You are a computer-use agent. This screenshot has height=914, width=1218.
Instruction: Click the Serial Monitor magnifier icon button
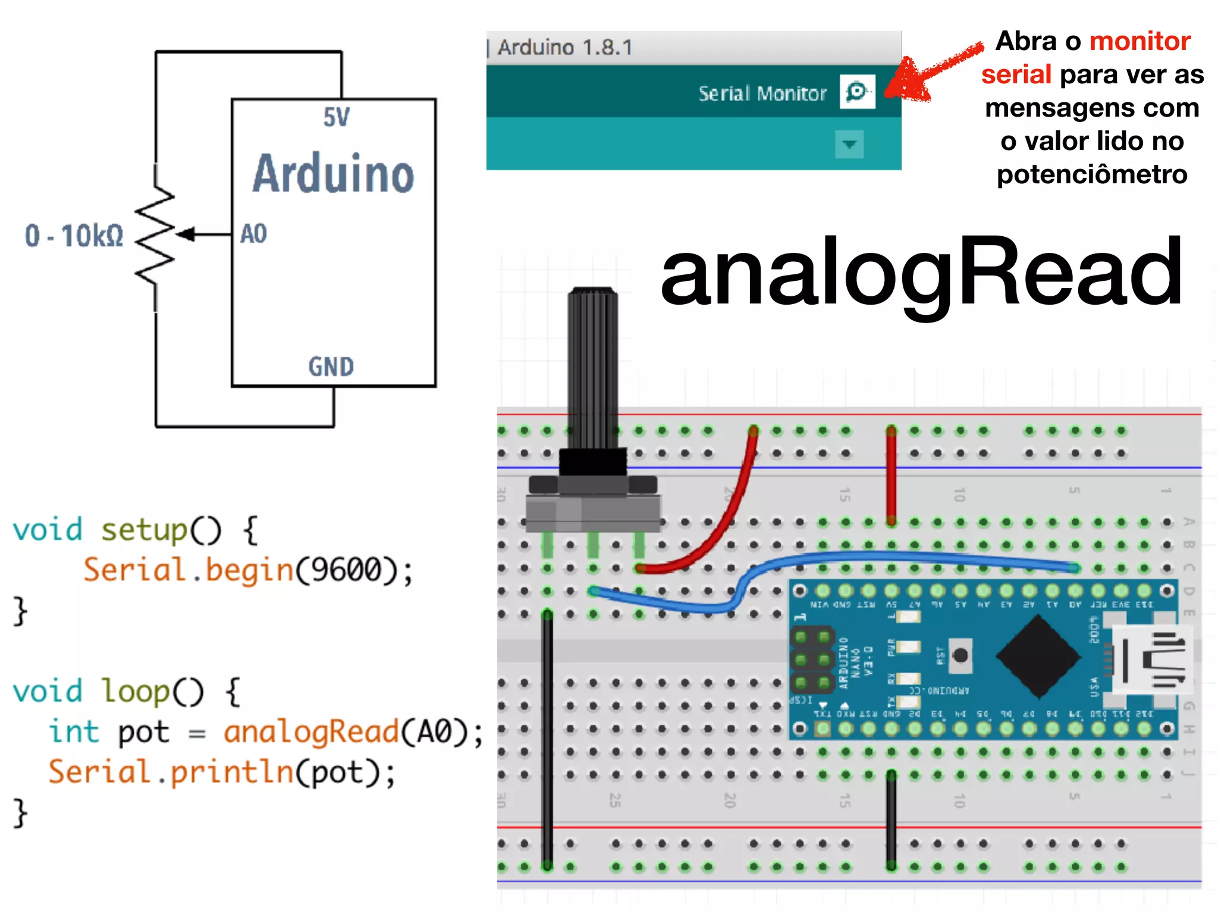click(x=857, y=92)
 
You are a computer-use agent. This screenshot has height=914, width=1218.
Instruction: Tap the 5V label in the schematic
click(x=336, y=117)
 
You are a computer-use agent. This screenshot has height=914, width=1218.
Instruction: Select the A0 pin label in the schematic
click(x=253, y=234)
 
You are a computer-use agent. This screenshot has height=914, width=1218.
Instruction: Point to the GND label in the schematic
click(x=331, y=367)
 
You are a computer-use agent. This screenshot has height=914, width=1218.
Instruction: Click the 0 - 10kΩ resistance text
click(x=74, y=236)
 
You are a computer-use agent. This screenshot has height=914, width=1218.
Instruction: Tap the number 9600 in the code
click(x=346, y=570)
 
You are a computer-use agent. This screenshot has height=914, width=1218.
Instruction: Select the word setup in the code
click(x=144, y=530)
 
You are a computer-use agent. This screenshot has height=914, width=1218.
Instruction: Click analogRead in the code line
click(x=310, y=731)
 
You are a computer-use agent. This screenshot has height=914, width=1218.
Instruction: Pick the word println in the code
click(x=232, y=772)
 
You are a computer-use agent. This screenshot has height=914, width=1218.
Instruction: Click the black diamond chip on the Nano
click(x=1038, y=656)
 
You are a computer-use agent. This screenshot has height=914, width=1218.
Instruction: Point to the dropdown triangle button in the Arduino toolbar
click(x=849, y=144)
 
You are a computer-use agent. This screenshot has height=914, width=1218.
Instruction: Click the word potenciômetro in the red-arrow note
click(x=1092, y=174)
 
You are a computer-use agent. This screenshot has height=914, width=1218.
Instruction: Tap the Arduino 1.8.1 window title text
click(x=565, y=48)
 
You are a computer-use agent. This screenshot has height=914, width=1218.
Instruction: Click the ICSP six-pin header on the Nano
click(x=812, y=659)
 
